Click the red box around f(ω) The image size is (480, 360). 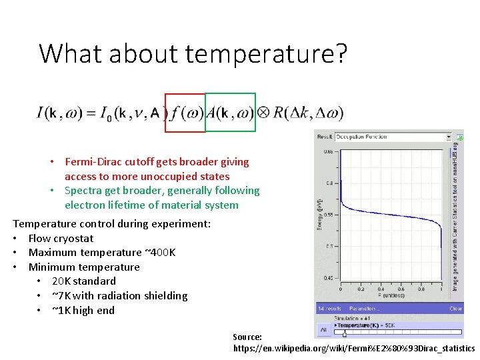(x=185, y=113)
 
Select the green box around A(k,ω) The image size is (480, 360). (x=230, y=113)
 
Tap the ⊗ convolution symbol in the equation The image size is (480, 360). (x=263, y=113)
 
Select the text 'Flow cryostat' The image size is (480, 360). (x=61, y=239)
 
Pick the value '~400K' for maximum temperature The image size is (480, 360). (x=160, y=253)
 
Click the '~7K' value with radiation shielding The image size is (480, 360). (x=62, y=296)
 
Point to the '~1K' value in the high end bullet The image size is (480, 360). (x=62, y=311)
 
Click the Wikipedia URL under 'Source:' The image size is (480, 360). (x=354, y=349)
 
